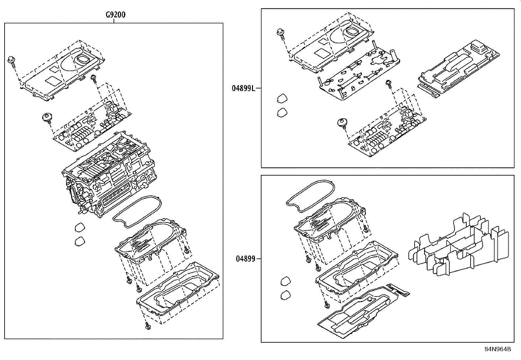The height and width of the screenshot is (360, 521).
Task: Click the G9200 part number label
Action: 116,15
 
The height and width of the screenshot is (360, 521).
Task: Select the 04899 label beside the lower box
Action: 245,259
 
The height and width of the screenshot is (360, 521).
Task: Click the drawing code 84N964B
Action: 497,349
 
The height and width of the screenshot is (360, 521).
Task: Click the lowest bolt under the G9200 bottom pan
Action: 148,326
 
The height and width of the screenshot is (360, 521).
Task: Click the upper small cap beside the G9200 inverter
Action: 80,227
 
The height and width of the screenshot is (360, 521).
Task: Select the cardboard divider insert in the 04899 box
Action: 458,249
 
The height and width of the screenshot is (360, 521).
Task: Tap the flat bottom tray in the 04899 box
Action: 357,314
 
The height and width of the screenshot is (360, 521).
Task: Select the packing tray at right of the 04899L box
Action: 458,69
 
